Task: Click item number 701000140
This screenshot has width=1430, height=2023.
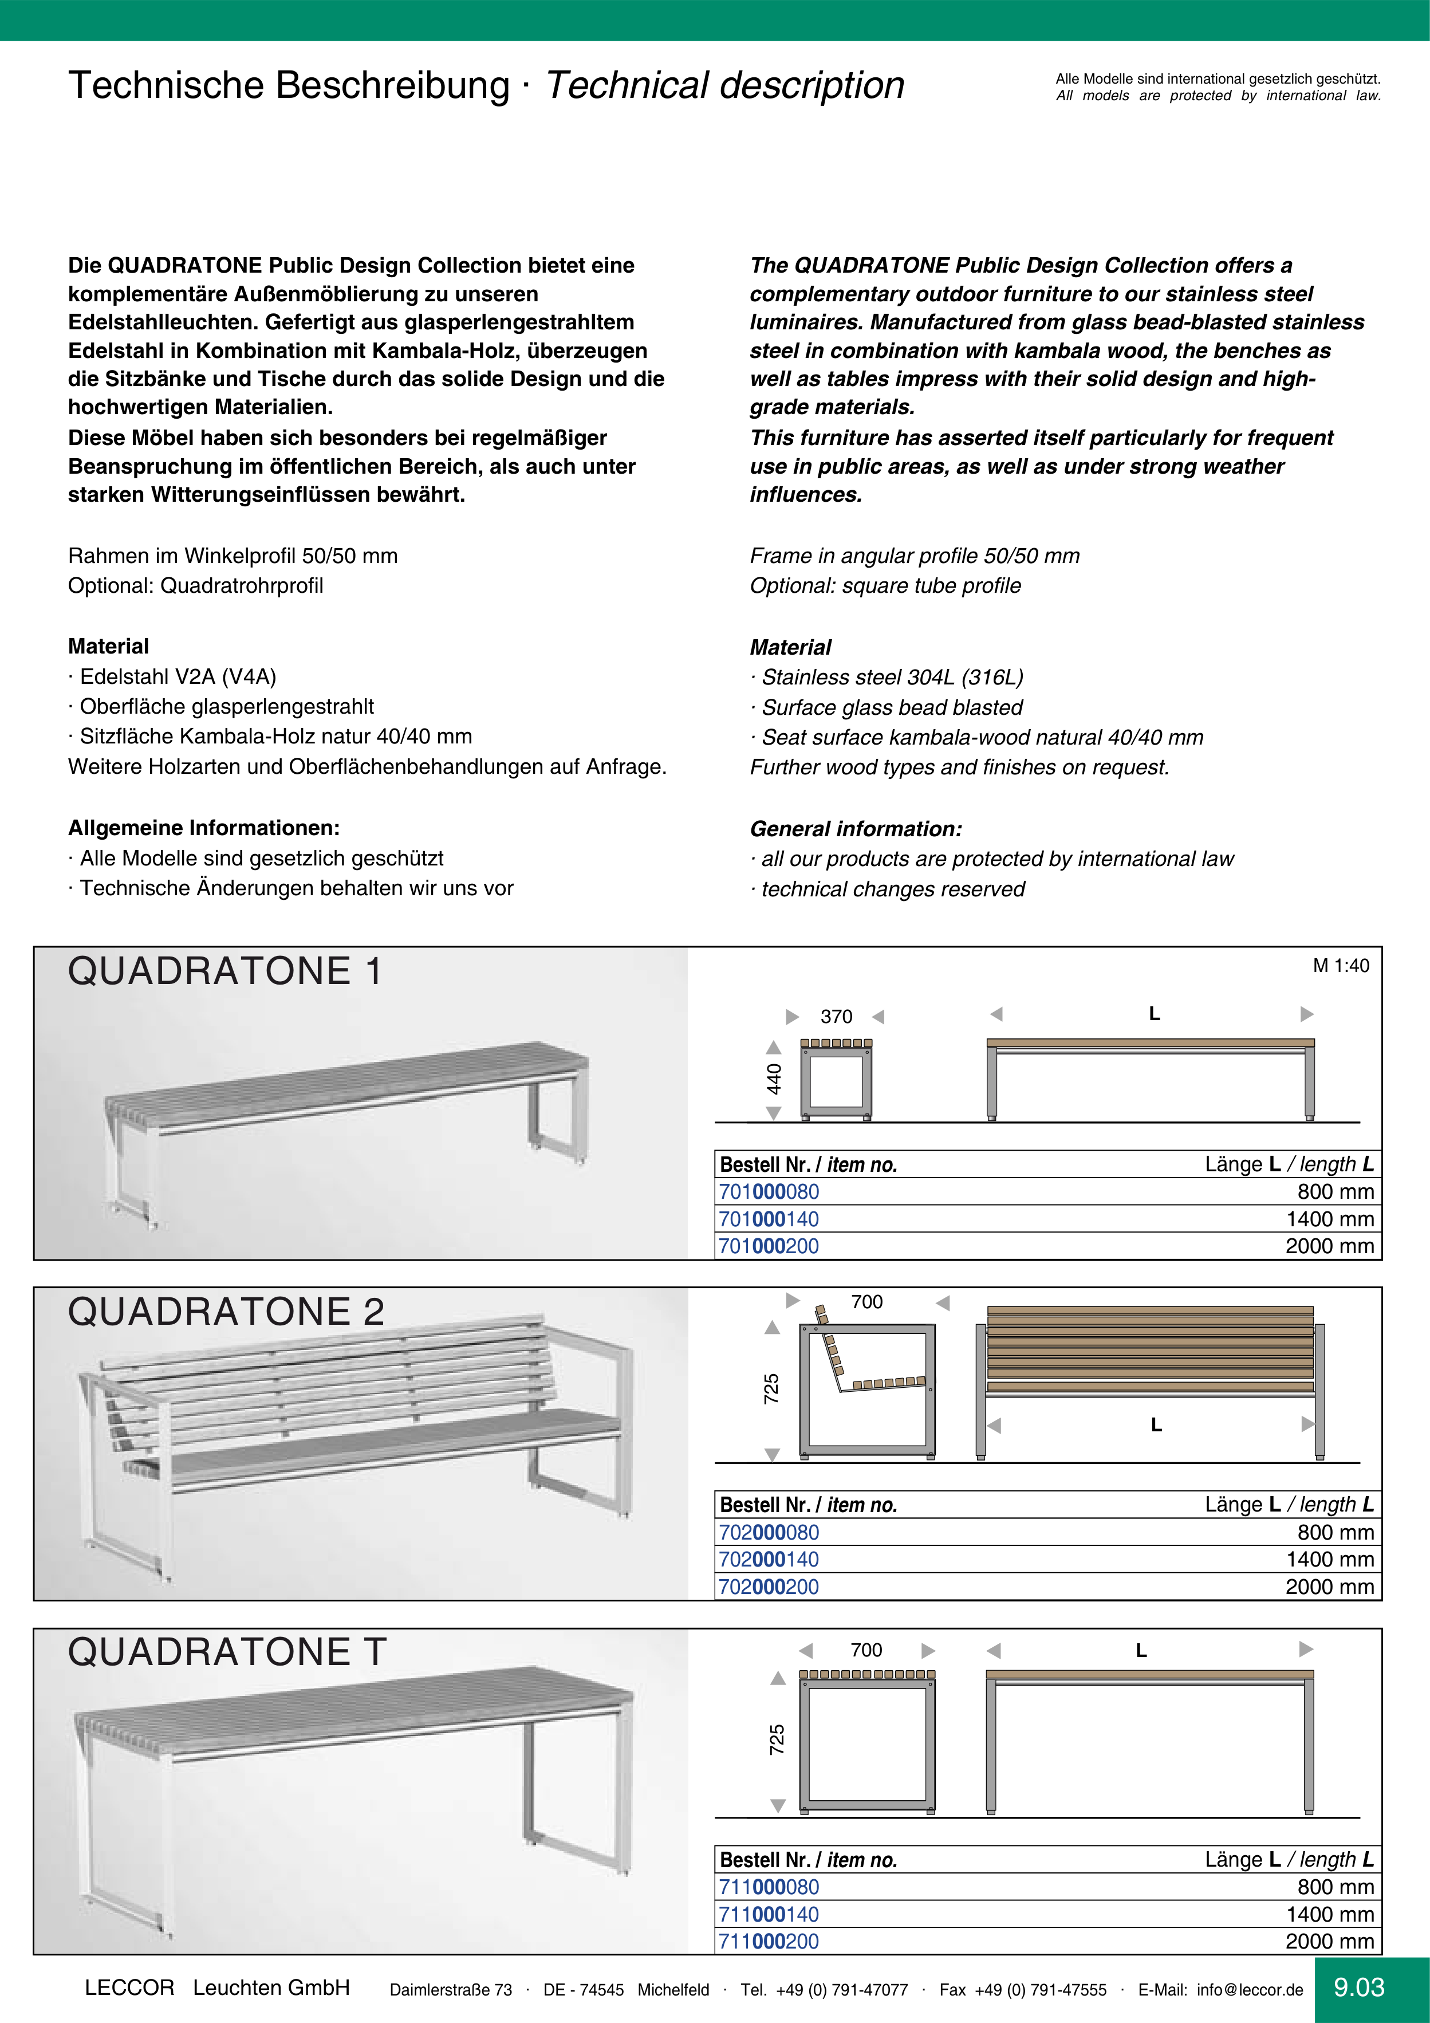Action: click(769, 1219)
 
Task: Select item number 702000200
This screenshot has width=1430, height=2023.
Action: click(769, 1587)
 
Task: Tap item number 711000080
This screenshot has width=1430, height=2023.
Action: click(769, 1887)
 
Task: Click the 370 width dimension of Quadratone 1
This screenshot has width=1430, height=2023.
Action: click(836, 1017)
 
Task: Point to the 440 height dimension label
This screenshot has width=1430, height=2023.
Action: click(774, 1079)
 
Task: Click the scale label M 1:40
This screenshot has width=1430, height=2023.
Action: click(1341, 966)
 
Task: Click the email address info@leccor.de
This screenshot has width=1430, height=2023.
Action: click(1250, 1990)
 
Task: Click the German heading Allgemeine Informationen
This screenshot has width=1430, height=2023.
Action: click(203, 828)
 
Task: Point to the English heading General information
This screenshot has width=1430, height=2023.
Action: click(856, 829)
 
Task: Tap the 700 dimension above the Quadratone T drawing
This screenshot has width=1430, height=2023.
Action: click(866, 1650)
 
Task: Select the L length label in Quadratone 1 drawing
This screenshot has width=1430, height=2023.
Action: click(1154, 1014)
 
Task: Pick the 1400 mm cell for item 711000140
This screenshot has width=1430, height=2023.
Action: click(1330, 1915)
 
